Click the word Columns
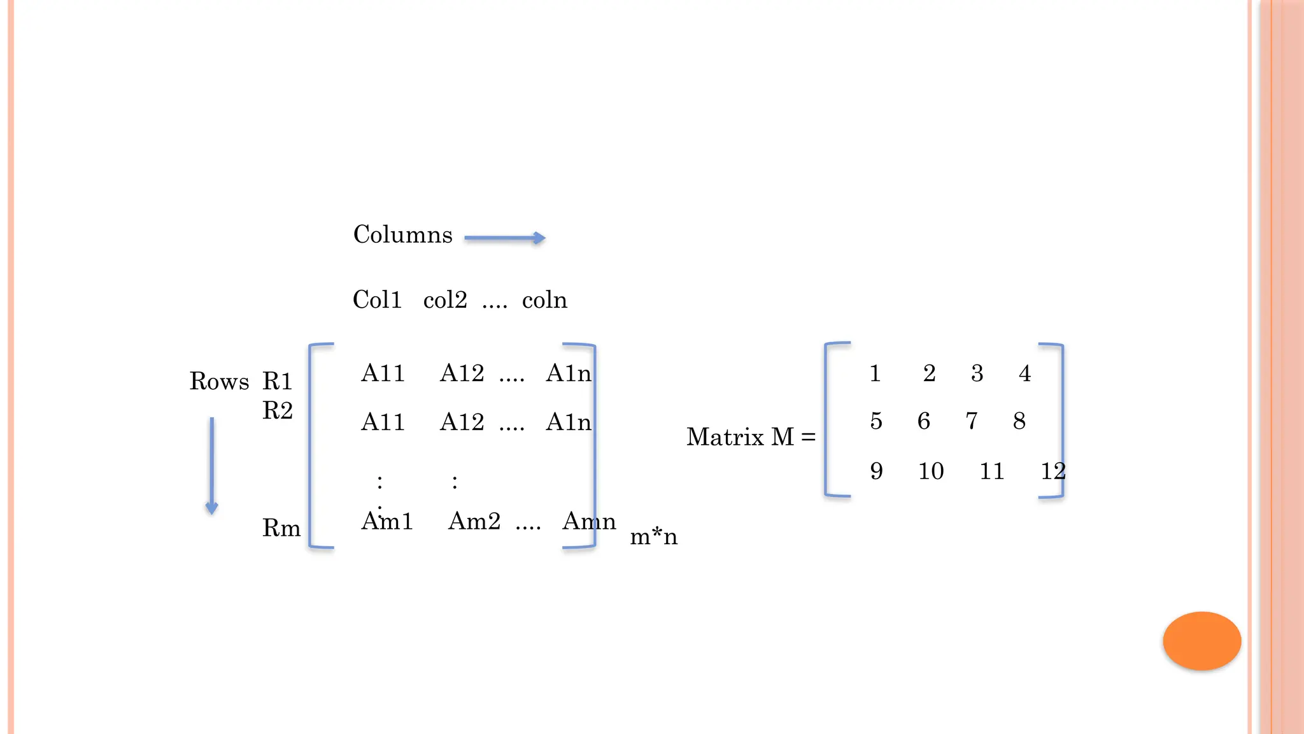click(x=402, y=234)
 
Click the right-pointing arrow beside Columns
click(x=505, y=238)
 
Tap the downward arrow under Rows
click(x=211, y=466)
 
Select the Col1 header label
click(x=377, y=299)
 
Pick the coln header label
click(x=544, y=299)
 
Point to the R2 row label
click(x=278, y=410)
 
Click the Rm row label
click(x=281, y=528)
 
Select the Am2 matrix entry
click(x=474, y=521)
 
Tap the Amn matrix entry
click(x=589, y=521)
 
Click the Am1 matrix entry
click(x=387, y=521)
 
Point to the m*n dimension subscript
click(x=653, y=536)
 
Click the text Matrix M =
click(x=751, y=437)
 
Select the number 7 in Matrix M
click(x=972, y=421)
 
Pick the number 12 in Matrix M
click(x=1052, y=471)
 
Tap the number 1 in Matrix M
click(x=875, y=373)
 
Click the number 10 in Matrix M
click(x=930, y=471)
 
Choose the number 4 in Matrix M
click(x=1024, y=373)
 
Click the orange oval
click(x=1201, y=640)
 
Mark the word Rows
click(x=219, y=381)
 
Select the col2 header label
click(x=445, y=299)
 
